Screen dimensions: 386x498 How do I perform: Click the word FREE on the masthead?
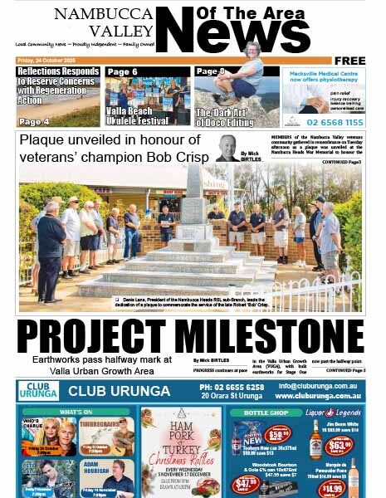point(349,61)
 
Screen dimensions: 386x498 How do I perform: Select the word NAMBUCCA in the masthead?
point(104,13)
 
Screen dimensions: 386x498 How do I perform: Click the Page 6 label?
point(123,72)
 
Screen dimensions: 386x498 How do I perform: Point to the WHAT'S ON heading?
point(76,411)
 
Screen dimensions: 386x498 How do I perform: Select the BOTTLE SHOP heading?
point(266,411)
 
